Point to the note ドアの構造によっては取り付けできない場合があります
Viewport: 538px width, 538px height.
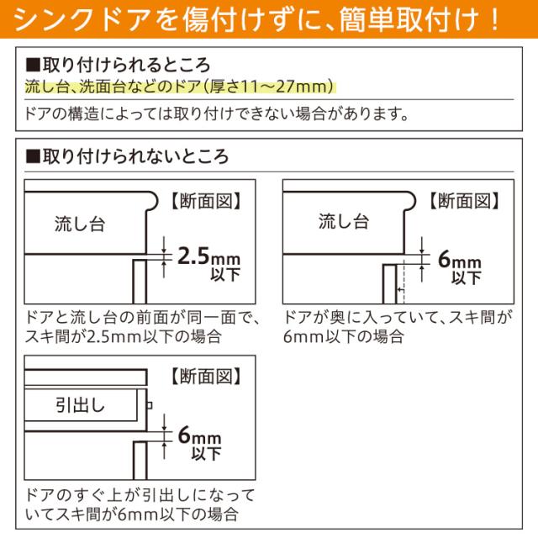[x=218, y=112]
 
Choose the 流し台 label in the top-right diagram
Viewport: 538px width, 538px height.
[x=343, y=222]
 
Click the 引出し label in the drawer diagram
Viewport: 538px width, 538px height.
[x=80, y=405]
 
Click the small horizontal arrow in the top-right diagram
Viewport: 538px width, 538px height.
[x=401, y=290]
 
